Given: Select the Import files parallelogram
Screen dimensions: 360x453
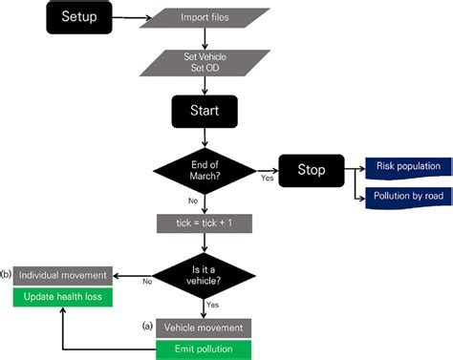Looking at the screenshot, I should pos(203,17).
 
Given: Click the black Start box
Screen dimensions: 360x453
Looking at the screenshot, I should pos(203,111).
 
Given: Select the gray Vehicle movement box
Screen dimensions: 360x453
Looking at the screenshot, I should pos(203,328).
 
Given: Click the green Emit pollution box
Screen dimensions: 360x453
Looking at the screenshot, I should pos(203,349).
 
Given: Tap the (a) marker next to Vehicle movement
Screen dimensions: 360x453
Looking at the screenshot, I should pos(148,326).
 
